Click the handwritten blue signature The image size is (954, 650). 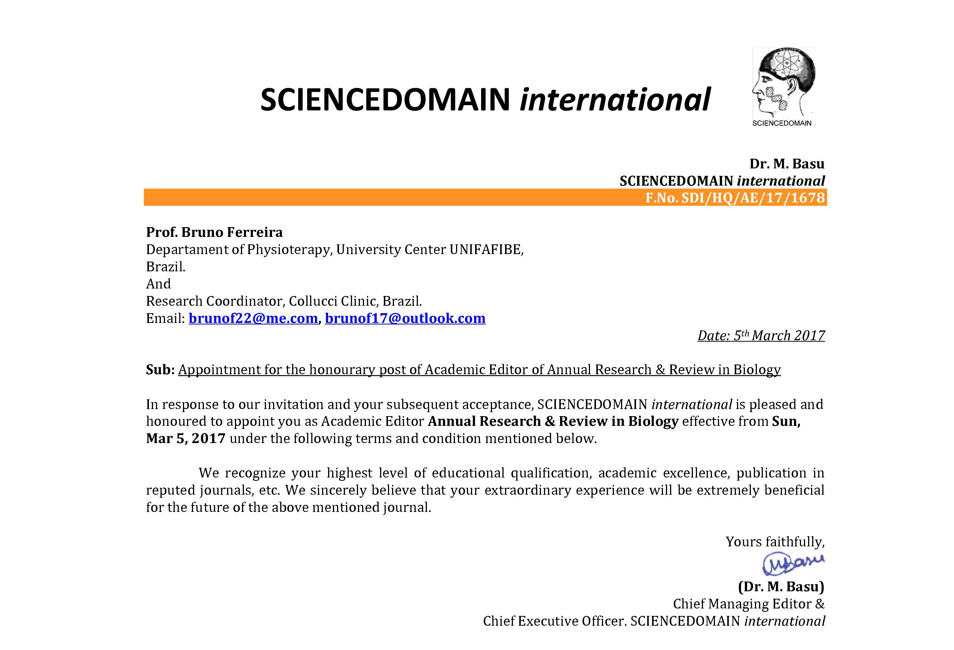[793, 564]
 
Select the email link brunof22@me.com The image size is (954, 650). [253, 318]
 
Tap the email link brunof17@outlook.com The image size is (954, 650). [405, 318]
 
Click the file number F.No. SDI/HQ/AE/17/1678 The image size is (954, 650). [735, 198]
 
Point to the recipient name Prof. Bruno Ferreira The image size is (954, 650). [214, 232]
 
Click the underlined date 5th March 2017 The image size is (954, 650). [761, 335]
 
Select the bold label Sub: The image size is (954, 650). [160, 370]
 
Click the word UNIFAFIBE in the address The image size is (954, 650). [486, 250]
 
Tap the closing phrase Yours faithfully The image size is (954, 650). [775, 541]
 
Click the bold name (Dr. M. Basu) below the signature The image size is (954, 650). [781, 586]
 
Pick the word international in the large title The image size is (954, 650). [615, 100]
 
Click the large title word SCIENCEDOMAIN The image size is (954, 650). [385, 100]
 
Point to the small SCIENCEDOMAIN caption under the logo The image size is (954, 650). [782, 123]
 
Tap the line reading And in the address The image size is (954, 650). [159, 284]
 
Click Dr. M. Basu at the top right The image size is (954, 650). [786, 164]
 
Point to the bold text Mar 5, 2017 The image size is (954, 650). [186, 439]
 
